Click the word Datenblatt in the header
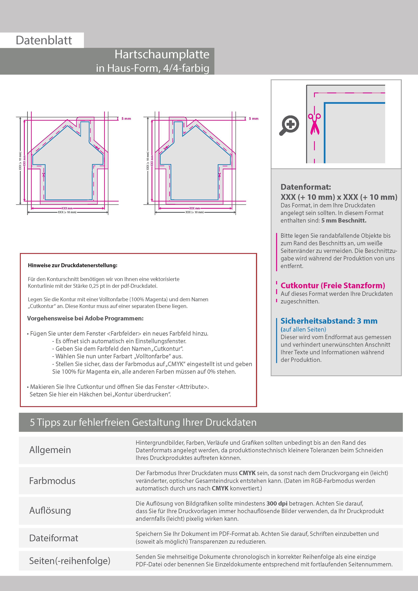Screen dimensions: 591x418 point(44,40)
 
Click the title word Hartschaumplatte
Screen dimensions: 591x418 point(162,54)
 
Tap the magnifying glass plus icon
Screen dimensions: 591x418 point(290,125)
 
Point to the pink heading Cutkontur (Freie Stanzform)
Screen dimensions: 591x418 point(333,285)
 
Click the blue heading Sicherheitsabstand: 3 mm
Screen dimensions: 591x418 point(329,321)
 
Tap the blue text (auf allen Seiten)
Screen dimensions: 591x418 point(303,330)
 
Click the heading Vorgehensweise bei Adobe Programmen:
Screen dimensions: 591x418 point(85,318)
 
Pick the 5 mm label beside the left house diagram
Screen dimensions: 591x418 point(126,119)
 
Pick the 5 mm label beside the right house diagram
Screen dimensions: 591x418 point(253,119)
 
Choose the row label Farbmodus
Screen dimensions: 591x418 point(52,481)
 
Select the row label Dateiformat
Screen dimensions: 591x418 point(54,538)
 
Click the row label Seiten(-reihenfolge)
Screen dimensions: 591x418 point(70,561)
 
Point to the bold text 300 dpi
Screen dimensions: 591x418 point(277,504)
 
